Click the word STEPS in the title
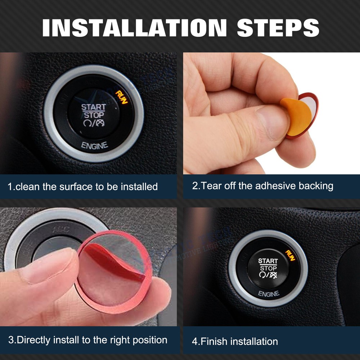click(278, 27)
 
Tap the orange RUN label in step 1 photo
click(122, 96)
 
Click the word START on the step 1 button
click(94, 107)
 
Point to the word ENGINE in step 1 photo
click(94, 146)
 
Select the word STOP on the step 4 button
click(268, 268)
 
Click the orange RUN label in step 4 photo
click(291, 255)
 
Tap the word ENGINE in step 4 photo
click(269, 294)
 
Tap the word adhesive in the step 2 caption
click(276, 186)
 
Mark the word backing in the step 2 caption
click(316, 186)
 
